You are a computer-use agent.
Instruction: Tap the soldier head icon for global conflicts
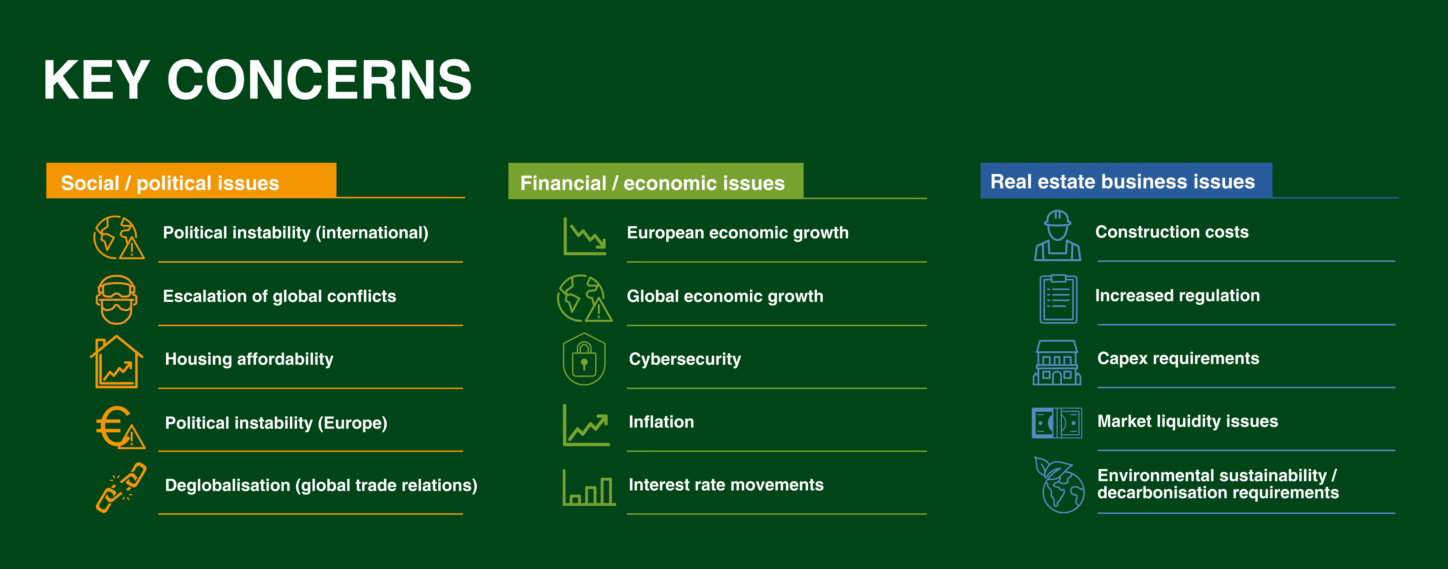pyautogui.click(x=116, y=299)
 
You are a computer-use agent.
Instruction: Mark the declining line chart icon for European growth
pyautogui.click(x=585, y=236)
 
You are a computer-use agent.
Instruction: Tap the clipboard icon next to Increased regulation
pyautogui.click(x=1058, y=299)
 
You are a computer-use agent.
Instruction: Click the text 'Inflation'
pyautogui.click(x=661, y=422)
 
